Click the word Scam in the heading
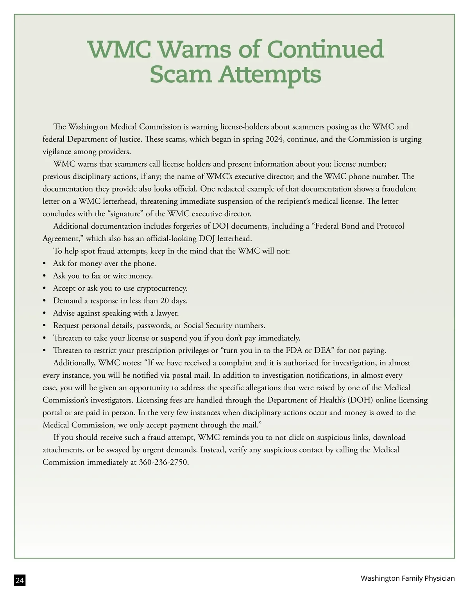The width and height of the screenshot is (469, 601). tap(181, 74)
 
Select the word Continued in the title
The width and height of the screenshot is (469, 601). tap(325, 50)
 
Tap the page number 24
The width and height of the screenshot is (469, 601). tap(20, 581)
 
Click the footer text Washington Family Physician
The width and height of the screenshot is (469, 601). tap(408, 578)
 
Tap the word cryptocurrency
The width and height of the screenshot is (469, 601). tap(161, 288)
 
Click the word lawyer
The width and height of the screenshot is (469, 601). tap(167, 313)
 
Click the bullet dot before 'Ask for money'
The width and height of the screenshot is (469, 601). tap(45, 264)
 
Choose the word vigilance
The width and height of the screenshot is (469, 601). tap(57, 152)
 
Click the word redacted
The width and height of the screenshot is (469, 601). tap(230, 189)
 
